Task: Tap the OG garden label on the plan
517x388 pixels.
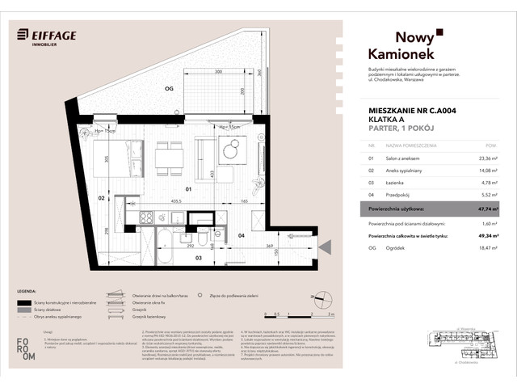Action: pos(169,89)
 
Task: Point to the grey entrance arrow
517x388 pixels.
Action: pos(324,247)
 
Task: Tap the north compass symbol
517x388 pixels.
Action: pos(323,297)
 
